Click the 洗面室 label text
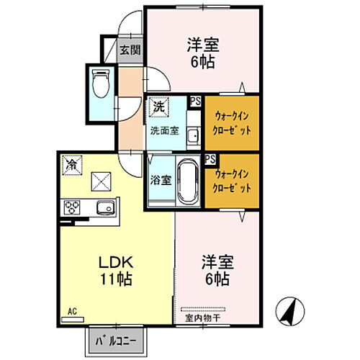click(x=163, y=132)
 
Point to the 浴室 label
click(x=161, y=181)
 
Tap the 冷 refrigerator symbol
click(x=71, y=165)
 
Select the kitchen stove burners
click(x=73, y=208)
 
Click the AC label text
click(x=72, y=311)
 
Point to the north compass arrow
click(x=288, y=312)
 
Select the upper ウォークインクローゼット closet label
click(x=231, y=123)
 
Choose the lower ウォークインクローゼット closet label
click(x=231, y=181)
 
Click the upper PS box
click(x=195, y=102)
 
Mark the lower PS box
click(x=210, y=159)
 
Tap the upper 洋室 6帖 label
click(x=201, y=51)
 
